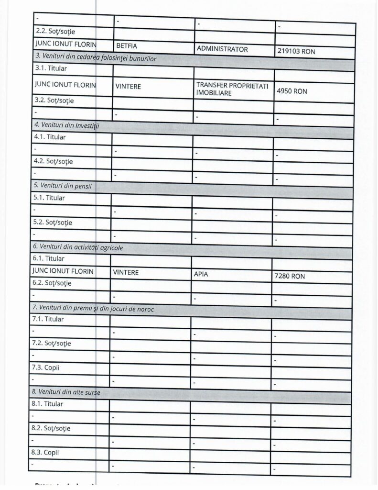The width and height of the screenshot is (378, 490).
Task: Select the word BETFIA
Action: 128,47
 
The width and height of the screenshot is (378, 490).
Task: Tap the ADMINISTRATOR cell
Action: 222,49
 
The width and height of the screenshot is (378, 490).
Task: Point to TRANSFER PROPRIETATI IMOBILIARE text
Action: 232,89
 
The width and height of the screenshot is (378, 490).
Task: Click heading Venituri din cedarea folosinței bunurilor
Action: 96,58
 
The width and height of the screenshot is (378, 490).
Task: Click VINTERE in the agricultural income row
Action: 126,272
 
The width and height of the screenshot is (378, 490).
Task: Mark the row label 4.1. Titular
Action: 50,137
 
